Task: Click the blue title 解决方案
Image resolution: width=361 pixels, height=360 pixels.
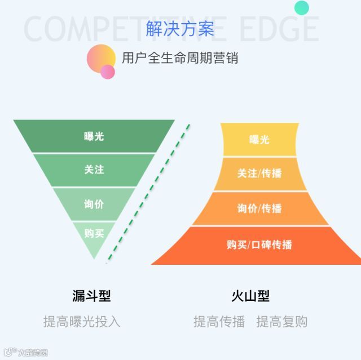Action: coord(180,29)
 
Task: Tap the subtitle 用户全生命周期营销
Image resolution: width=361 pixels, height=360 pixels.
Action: coord(180,57)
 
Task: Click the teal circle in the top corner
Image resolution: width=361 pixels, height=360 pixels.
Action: coord(302,7)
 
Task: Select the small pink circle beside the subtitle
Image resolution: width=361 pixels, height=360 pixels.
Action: coord(108,72)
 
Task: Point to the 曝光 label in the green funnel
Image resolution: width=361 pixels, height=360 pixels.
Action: coord(94,136)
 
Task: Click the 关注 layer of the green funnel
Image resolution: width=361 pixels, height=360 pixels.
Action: coord(94,169)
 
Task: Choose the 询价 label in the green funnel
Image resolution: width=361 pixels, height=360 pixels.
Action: coord(94,204)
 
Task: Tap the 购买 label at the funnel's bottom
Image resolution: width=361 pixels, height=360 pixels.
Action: coord(94,233)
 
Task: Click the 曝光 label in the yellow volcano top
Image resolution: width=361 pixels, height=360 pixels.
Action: coord(259,140)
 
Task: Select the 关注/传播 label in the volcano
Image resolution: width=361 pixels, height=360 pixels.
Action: coord(259,174)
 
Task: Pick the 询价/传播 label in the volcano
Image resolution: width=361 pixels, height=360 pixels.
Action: coord(259,208)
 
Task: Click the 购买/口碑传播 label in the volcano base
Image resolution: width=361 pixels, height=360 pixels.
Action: coord(259,245)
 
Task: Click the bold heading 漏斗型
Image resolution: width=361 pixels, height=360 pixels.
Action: coord(91,296)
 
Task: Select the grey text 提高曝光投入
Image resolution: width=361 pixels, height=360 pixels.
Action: coord(82,322)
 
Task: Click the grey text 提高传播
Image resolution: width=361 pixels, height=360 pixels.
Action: coord(219,322)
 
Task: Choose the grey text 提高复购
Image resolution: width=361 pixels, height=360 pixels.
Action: coord(281,322)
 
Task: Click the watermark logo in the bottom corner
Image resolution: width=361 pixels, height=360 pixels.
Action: coord(25,352)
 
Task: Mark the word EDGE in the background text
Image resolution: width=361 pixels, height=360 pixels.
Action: coord(279,29)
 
